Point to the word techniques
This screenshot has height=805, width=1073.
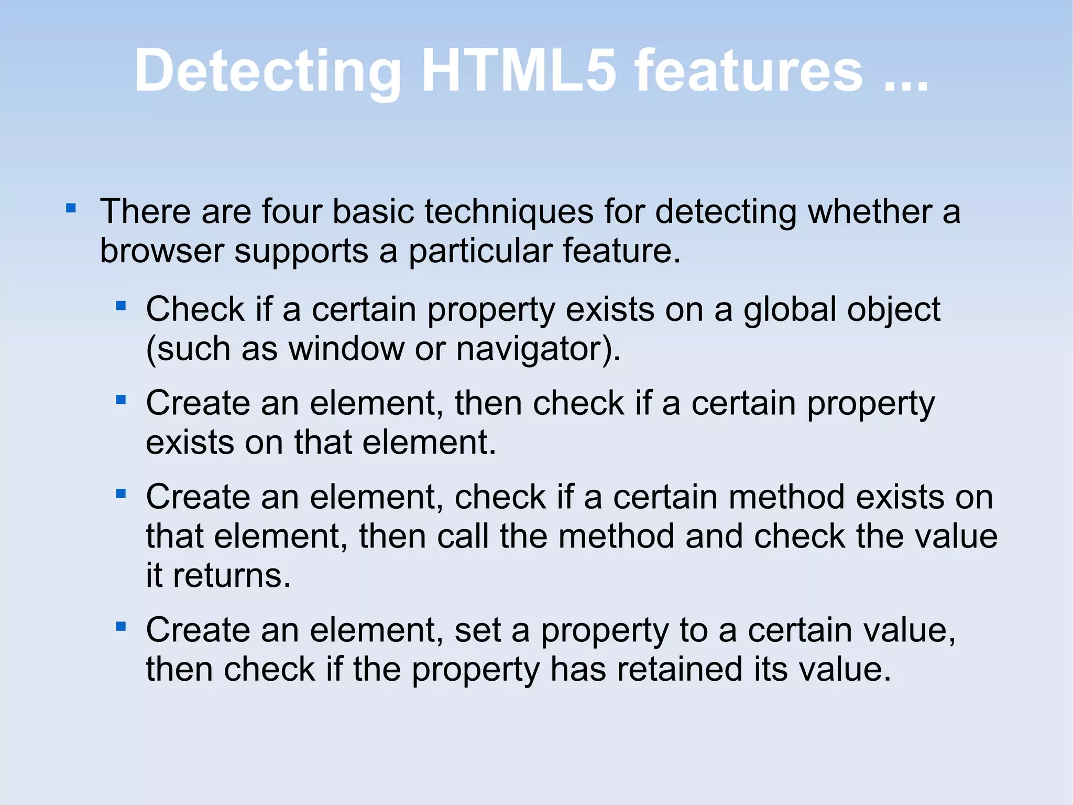click(509, 212)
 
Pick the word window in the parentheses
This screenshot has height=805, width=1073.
click(346, 349)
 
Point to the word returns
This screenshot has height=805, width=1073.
click(232, 576)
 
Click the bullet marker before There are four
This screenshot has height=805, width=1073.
click(71, 209)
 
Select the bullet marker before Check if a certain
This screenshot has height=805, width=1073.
click(121, 306)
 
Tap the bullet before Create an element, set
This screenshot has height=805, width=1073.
click(121, 626)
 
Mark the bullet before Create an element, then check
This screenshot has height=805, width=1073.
click(121, 400)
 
